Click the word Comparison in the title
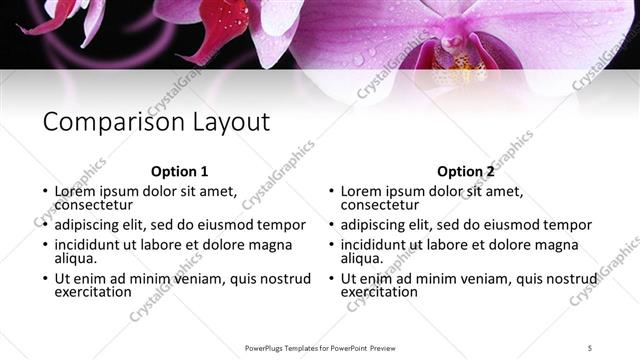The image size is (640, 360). tap(108, 123)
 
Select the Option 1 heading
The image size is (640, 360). tap(180, 171)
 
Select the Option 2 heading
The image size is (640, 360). tap(466, 171)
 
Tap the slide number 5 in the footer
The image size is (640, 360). tap(590, 347)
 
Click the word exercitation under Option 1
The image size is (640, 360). tap(93, 292)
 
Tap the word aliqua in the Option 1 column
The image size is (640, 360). tap(75, 258)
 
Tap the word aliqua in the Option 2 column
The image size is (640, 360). tap(361, 258)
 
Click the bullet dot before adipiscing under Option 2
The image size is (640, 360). tap(331, 225)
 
